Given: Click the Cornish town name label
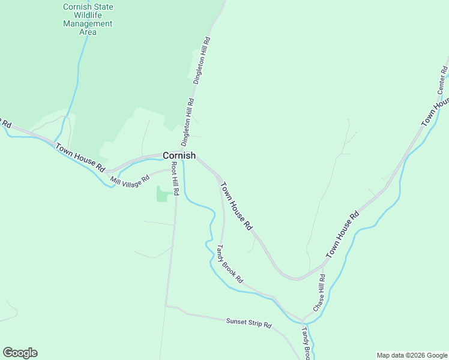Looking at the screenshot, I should pyautogui.click(x=179, y=155).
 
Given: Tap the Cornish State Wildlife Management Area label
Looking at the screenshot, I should pyautogui.click(x=88, y=19).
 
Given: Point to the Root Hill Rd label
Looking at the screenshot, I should pyautogui.click(x=175, y=178).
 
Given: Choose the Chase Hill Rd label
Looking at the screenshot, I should pyautogui.click(x=318, y=293).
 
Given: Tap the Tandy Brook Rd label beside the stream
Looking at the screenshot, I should pyautogui.click(x=229, y=264).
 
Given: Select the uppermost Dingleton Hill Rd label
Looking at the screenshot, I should pyautogui.click(x=200, y=60).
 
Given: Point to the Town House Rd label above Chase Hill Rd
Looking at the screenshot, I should pyautogui.click(x=342, y=235).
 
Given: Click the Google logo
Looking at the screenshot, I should pyautogui.click(x=20, y=353).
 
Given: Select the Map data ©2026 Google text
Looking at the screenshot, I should pyautogui.click(x=412, y=355).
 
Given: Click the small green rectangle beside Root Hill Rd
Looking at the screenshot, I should pyautogui.click(x=162, y=194).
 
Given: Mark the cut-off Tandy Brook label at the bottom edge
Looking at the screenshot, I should pyautogui.click(x=306, y=344).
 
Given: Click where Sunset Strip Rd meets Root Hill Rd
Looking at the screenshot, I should pyautogui.click(x=166, y=306).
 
